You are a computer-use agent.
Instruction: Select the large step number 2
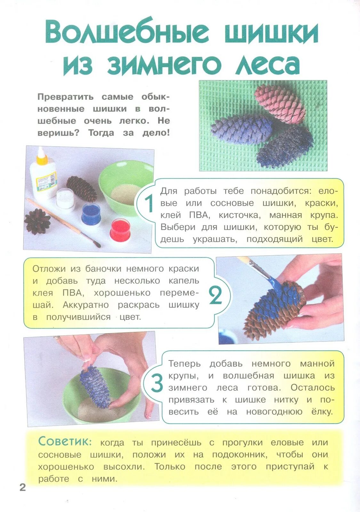click(215, 296)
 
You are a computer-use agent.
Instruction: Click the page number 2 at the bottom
click(22, 487)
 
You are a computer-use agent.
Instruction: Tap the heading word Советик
click(65, 441)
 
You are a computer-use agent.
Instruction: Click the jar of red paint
click(120, 230)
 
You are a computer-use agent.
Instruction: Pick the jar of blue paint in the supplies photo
click(91, 214)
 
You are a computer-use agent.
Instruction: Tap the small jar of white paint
click(66, 200)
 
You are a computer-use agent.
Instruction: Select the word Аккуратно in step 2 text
click(86, 305)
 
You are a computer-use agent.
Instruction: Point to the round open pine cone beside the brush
click(37, 221)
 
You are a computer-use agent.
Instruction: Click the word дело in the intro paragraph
click(156, 133)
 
